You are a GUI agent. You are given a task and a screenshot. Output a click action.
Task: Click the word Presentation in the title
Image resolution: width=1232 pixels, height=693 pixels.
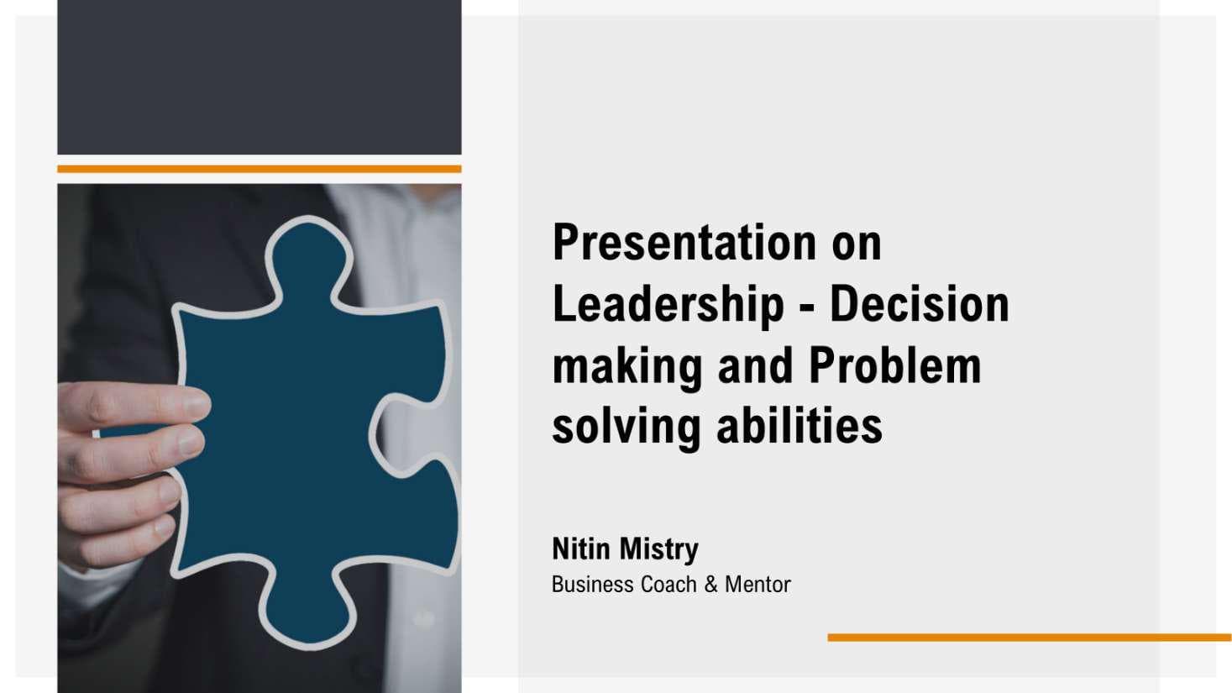click(x=684, y=242)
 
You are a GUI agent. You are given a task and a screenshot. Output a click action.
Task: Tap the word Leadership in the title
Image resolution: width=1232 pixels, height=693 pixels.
click(x=668, y=307)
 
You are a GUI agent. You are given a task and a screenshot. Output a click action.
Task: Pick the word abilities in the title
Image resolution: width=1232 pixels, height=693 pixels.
click(x=799, y=426)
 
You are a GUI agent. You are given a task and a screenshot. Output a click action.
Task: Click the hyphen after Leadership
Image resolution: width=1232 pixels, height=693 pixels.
click(x=807, y=309)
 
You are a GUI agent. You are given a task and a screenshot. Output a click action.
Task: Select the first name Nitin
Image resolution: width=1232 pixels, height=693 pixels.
click(x=581, y=549)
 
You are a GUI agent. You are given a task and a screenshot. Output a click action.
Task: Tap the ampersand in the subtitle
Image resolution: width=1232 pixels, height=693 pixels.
click(x=711, y=584)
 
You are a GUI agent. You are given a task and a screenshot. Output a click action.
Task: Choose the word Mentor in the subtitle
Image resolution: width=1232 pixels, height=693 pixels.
click(x=758, y=584)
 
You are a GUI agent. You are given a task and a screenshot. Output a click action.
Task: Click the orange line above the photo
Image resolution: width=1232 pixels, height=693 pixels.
click(x=259, y=169)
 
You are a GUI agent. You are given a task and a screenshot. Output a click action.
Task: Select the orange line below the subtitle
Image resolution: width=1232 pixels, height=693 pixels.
click(x=1030, y=638)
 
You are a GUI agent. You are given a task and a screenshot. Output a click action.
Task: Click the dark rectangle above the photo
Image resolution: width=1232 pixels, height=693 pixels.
click(x=259, y=77)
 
